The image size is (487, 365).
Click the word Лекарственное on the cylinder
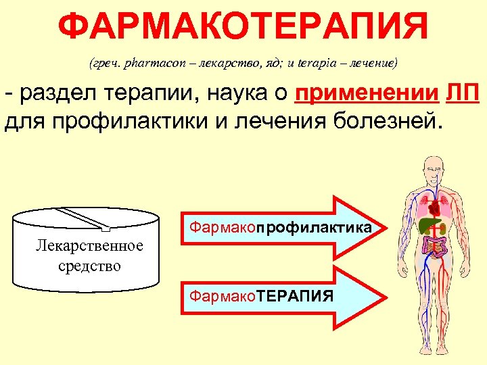(89, 245)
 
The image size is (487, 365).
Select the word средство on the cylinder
(89, 266)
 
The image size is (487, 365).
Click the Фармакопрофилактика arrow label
(280, 228)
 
